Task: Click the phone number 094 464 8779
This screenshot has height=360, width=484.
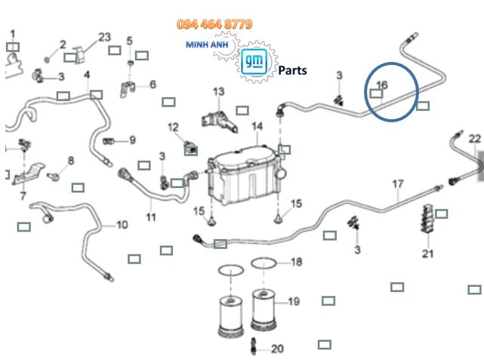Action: tap(214, 25)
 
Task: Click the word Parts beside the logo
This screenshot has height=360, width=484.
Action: tap(292, 71)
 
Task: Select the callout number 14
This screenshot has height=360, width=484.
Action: tap(258, 126)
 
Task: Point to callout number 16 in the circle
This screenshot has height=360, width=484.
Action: tap(381, 85)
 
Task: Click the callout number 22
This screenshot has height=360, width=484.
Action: tap(474, 138)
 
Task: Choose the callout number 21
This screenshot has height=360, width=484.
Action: tap(428, 253)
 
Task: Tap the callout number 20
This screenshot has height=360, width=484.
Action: tap(277, 349)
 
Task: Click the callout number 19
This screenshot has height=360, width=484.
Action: tap(293, 302)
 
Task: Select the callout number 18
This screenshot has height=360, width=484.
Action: tap(296, 262)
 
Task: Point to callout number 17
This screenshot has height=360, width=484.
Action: tap(398, 184)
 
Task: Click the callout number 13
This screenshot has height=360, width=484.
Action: tap(219, 92)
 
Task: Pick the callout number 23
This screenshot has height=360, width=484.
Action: tap(104, 37)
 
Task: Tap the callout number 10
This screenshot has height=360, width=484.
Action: tap(122, 225)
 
